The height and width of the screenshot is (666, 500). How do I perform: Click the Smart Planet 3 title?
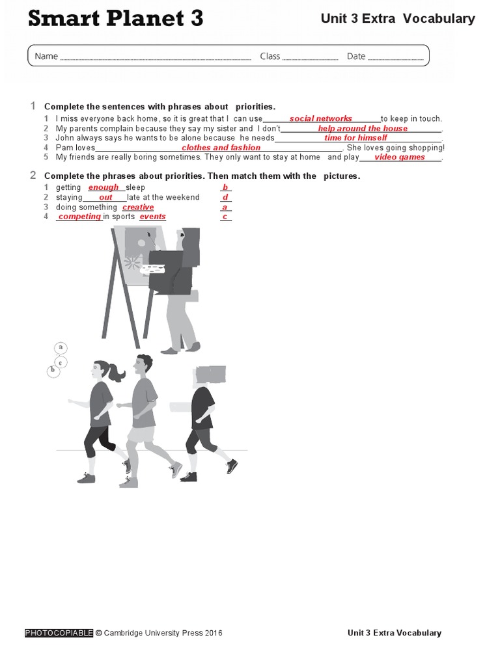116,19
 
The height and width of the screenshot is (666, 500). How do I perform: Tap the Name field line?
156,59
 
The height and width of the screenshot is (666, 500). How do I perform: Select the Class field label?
270,56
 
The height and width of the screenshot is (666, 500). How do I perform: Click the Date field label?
355,56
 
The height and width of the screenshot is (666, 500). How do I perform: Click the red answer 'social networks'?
320,118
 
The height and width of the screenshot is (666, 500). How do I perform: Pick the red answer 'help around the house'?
362,128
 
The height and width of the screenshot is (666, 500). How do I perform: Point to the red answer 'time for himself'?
355,138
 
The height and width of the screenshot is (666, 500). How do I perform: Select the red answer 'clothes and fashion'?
221,148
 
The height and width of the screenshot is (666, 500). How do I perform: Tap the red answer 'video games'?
399,157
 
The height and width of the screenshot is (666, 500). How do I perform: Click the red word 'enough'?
104,187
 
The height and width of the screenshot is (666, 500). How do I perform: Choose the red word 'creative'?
138,207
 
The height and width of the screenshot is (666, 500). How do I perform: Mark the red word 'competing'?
79,217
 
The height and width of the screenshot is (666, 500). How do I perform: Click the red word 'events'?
152,217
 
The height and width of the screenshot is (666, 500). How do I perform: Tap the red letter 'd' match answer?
225,197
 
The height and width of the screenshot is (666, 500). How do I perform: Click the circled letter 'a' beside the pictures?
61,347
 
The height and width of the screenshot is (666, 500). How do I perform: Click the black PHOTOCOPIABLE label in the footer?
59,633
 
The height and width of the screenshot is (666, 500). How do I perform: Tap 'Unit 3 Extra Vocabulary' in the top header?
397,19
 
